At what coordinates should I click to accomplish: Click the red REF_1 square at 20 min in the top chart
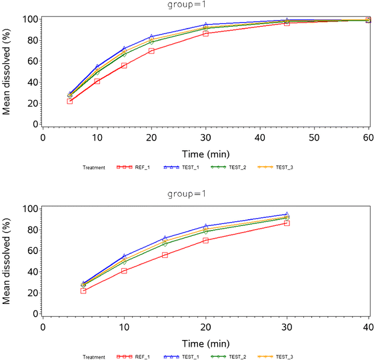[x=151, y=51]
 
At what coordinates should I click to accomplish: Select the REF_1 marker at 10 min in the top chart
[x=97, y=81]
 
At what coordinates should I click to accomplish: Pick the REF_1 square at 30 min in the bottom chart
[x=287, y=223]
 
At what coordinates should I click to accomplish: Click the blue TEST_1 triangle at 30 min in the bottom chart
[x=287, y=215]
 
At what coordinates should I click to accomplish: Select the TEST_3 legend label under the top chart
[x=285, y=167]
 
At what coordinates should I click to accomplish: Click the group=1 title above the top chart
[x=186, y=5]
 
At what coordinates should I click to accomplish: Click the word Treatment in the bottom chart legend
[x=94, y=357]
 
